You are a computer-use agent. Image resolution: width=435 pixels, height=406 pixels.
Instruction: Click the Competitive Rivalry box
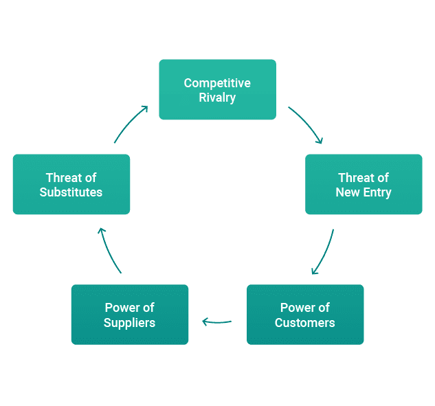[217, 89]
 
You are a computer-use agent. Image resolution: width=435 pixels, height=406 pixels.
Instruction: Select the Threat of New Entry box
[364, 184]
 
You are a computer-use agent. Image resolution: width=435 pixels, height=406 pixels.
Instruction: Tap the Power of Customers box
[305, 314]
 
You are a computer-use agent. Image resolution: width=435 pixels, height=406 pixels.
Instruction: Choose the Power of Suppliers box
[129, 314]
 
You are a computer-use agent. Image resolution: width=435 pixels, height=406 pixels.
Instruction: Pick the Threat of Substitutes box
[71, 184]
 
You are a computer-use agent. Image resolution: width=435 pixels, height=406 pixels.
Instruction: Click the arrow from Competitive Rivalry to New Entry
[306, 125]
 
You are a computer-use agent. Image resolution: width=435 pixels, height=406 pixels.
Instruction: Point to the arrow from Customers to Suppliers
[216, 321]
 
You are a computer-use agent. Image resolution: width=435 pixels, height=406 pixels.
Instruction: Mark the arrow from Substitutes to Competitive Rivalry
[131, 124]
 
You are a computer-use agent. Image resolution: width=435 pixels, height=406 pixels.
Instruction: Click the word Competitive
[217, 83]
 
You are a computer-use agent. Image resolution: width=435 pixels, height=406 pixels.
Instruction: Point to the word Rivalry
[217, 98]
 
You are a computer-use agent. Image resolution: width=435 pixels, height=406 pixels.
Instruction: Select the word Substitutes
[71, 192]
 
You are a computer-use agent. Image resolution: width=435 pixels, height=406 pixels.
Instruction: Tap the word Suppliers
[129, 322]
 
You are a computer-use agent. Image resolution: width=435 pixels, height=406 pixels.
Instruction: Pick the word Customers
[305, 322]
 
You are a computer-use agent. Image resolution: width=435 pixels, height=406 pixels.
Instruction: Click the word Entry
[377, 192]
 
